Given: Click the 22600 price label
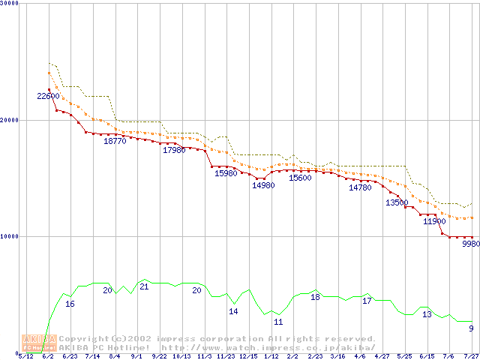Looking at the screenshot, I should coord(48,96).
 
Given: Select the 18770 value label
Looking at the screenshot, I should coord(115,141).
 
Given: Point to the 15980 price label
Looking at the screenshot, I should coord(226,173).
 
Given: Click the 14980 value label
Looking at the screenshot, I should coord(263,185).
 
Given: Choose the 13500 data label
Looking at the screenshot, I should coord(397,202).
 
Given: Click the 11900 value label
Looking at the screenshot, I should coord(434,221).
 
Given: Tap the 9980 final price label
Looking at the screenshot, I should coord(471,244).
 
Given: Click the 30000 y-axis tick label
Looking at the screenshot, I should coord(10,4).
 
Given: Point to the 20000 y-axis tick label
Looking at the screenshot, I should coord(10,120).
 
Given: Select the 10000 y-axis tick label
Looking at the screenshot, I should coord(10,236).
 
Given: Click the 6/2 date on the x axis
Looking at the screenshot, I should coord(48,356).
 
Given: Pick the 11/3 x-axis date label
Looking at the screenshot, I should coord(204,356).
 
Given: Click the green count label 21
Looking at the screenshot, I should coord(144,287).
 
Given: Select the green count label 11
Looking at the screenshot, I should coord(278,322).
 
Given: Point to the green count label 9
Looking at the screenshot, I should coord(471,328).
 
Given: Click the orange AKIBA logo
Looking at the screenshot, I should coord(39,343).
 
